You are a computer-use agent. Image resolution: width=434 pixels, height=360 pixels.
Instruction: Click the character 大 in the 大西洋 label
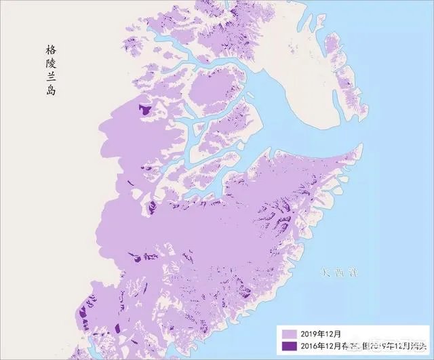click(x=325, y=273)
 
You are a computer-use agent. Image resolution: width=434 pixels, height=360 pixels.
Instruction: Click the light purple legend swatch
click(x=288, y=334)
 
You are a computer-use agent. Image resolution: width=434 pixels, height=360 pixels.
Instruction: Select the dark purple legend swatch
click(x=288, y=346)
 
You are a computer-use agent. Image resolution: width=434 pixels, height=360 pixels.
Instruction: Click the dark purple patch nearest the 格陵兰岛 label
click(x=143, y=108)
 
